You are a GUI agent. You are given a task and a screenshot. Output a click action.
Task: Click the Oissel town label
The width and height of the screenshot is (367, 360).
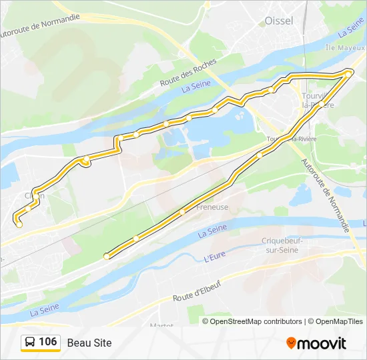pyautogui.click(x=279, y=21)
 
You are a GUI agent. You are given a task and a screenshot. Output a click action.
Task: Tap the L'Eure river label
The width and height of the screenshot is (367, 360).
pyautogui.click(x=214, y=257)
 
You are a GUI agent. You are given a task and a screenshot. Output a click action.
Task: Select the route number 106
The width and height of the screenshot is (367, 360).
pyautogui.click(x=47, y=342)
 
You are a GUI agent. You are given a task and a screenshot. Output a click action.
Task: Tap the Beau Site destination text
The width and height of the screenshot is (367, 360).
pyautogui.click(x=89, y=343)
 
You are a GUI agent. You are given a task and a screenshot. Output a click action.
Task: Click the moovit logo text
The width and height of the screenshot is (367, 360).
pyautogui.click(x=322, y=343)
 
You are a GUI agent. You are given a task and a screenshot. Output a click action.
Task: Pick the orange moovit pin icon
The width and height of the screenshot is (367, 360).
pyautogui.click(x=291, y=343)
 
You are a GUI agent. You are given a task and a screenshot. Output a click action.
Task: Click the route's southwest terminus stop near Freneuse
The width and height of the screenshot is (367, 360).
pyautogui.click(x=106, y=256)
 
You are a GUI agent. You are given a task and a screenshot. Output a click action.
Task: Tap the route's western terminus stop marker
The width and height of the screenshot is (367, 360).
pyautogui.click(x=19, y=225)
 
